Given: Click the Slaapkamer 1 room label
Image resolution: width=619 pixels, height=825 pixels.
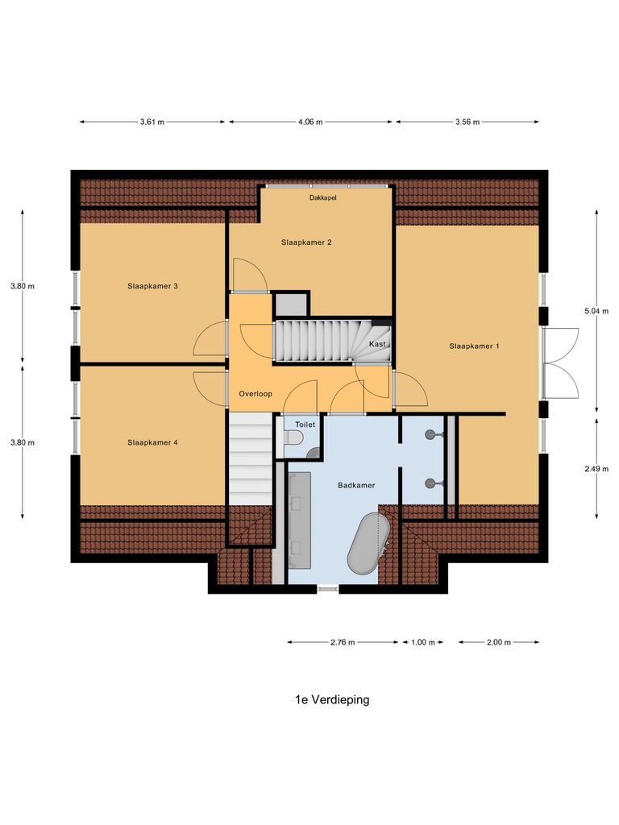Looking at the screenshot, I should coord(474,346).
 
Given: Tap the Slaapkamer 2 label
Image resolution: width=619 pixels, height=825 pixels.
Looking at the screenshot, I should coord(306,242).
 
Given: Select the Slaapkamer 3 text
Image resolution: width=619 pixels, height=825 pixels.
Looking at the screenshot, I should coord(152,285).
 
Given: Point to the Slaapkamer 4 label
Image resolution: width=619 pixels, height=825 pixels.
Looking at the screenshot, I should coord(152,442).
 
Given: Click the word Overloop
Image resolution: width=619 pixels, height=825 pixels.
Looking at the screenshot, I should coord(255,394).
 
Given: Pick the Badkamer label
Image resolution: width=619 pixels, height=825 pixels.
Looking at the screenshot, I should coord(356,485).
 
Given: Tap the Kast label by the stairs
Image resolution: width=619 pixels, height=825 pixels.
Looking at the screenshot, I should coord(377,344).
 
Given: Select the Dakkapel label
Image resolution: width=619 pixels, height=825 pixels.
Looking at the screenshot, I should coord(322,197).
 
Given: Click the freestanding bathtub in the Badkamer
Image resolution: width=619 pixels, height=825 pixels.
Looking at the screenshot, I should coord(370,546).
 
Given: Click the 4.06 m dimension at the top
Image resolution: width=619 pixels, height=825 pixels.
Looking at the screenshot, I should coord(310,122).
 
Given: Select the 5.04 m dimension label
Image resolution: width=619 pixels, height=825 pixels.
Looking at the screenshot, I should coord(596,309).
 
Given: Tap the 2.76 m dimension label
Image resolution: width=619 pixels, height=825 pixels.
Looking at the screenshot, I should coord(343,642).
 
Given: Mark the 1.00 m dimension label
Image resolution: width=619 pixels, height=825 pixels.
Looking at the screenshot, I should coord(423,642).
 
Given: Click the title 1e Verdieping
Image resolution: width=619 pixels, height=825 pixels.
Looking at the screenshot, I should coord(332,700).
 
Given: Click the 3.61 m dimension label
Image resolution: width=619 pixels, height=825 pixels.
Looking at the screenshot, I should coord(152,122).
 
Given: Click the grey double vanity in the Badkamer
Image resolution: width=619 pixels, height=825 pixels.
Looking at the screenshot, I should coord(301,516).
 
